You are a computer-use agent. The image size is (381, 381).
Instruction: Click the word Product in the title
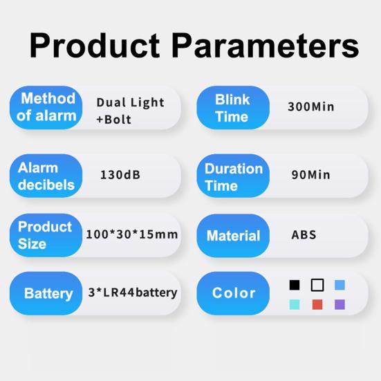coord(95,46)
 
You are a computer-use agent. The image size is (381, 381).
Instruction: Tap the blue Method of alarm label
coord(46,107)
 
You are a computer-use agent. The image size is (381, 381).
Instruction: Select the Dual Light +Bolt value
coord(130,111)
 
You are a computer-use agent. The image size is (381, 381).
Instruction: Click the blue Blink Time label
coord(233,107)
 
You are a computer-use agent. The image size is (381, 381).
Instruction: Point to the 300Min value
coord(311,107)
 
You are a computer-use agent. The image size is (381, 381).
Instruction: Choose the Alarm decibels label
coord(46,176)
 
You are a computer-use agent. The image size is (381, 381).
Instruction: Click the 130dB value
coord(120,175)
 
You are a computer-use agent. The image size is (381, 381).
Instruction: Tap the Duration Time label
coord(233,176)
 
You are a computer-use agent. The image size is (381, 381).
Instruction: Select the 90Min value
coord(310,175)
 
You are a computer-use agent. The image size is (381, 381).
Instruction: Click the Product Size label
coord(46,235)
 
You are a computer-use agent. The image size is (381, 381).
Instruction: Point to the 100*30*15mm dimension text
coord(132,234)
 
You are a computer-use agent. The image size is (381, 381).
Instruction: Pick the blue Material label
coord(233,236)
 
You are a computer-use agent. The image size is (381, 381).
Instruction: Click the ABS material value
coord(304,234)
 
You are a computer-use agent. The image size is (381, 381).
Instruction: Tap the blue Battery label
coord(46,293)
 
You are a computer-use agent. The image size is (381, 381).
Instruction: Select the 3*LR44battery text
coord(133,292)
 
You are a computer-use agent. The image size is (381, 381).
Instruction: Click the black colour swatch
coord(295,285)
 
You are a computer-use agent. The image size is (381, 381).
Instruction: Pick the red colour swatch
coord(317,304)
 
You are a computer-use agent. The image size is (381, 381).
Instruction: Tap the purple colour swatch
coord(340,304)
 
